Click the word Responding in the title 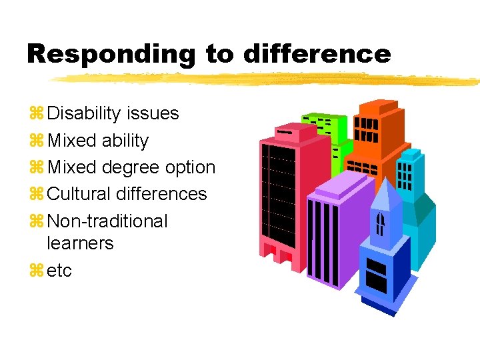point(111,54)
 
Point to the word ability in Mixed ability point(125,141)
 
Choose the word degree point(135,167)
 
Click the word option point(191,167)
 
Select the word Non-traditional point(108,221)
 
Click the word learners point(81,243)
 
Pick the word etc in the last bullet point(60,271)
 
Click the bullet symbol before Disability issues point(35,114)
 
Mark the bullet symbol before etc point(35,271)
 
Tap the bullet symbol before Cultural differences point(35,195)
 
